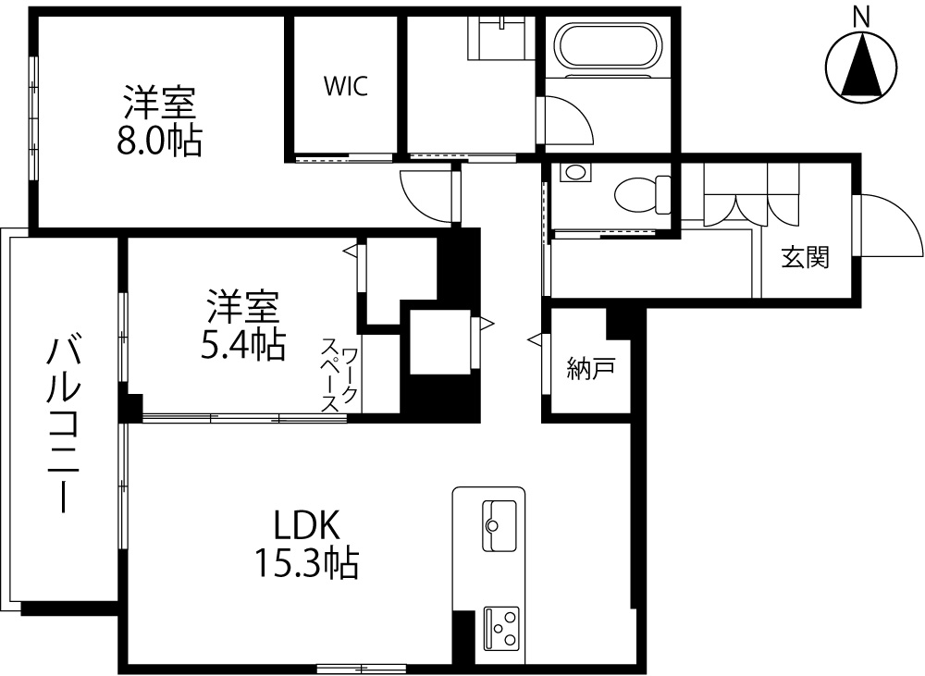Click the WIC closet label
346,86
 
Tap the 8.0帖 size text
159,141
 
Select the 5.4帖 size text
243,345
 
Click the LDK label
307,525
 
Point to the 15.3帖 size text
306,562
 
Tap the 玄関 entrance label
806,257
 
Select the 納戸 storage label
590,369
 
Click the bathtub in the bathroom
610,46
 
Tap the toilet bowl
642,194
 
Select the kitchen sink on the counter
499,525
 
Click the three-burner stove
501,629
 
